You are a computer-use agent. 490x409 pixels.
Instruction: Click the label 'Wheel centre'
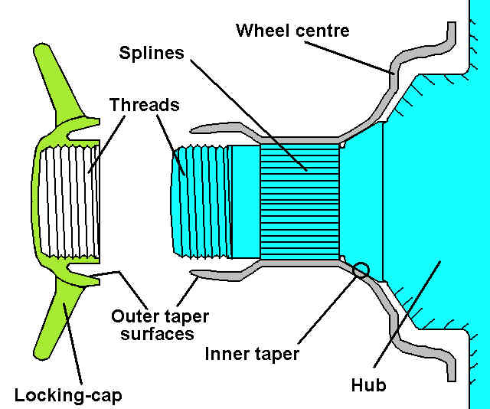click(292, 31)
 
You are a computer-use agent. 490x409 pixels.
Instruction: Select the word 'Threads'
click(143, 104)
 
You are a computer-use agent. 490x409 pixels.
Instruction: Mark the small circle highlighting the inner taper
click(361, 269)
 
